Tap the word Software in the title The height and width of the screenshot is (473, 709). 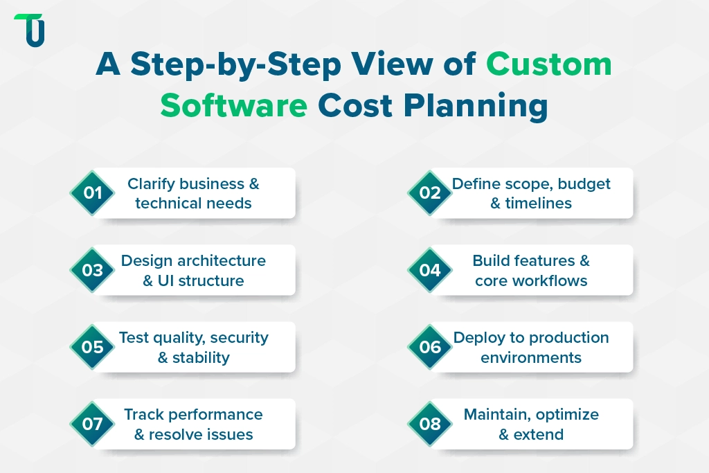233,106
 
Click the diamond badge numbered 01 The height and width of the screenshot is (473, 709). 92,193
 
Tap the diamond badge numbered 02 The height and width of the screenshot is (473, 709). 430,193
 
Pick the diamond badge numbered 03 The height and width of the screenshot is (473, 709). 92,270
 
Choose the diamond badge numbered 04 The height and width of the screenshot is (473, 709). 430,270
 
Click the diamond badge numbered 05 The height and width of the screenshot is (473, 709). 92,347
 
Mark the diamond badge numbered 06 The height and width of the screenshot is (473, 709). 430,347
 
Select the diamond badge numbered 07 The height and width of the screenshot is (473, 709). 92,424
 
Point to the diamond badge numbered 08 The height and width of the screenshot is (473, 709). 430,424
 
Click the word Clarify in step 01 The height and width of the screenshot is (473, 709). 151,184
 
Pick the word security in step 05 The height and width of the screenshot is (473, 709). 239,338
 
